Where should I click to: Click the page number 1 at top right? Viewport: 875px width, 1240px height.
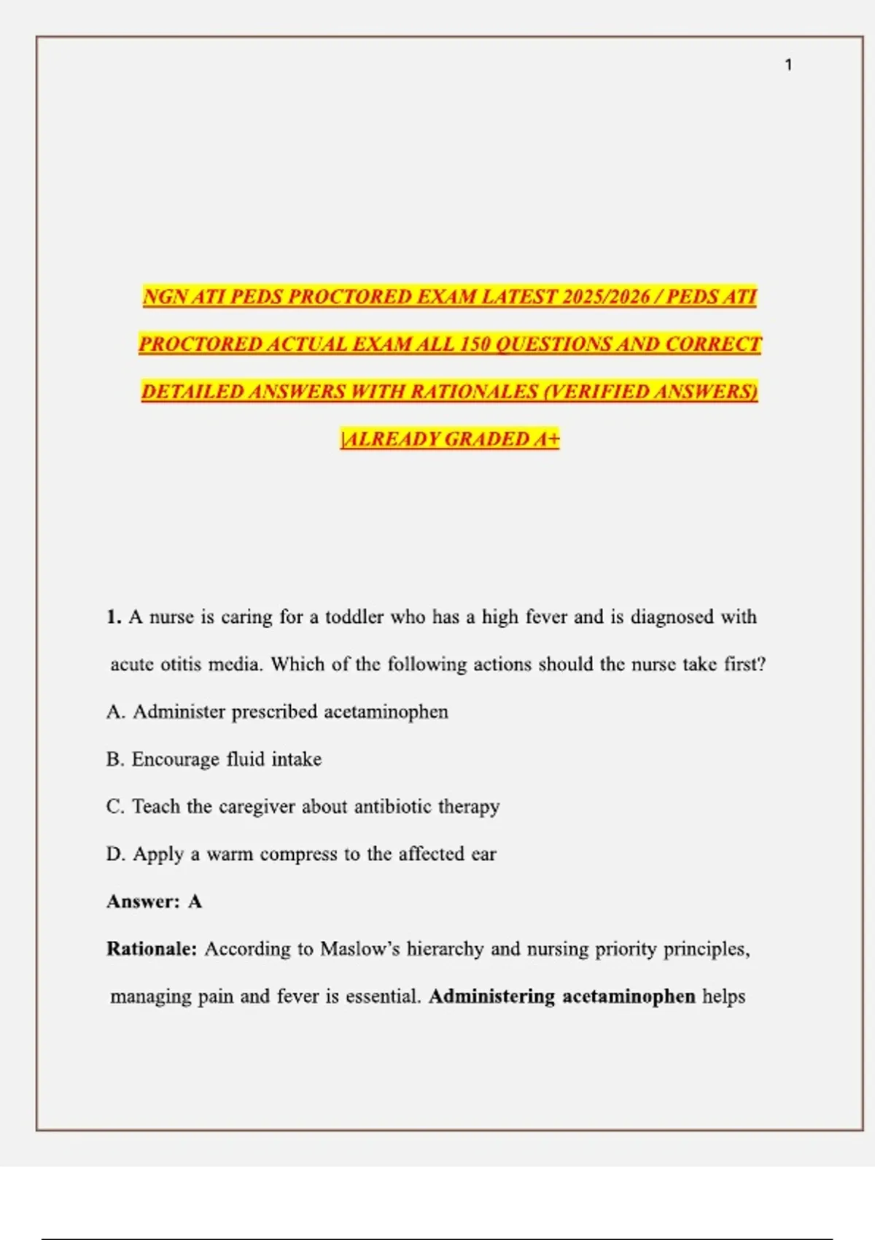[788, 65]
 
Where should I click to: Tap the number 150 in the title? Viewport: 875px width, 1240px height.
[475, 344]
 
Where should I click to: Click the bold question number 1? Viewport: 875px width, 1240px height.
[114, 617]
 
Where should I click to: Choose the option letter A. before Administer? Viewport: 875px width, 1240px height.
[115, 712]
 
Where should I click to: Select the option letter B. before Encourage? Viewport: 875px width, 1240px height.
[115, 759]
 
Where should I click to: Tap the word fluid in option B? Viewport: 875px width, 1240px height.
[245, 759]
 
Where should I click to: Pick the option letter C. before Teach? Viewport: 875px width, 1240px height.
[115, 807]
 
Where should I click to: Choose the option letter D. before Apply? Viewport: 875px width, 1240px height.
[115, 854]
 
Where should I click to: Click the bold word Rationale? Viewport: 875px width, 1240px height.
[152, 949]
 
